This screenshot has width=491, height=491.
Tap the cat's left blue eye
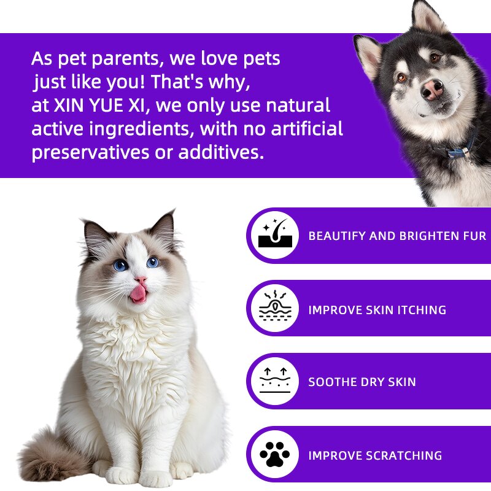pos(120,265)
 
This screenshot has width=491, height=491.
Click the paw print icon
pos(274,455)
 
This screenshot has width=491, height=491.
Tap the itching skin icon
pos(274,309)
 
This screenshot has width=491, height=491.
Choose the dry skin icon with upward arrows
pos(274,381)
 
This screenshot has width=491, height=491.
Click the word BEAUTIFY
pos(336,236)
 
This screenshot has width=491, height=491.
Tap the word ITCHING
pos(421,309)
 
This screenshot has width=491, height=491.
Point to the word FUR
pos(475,236)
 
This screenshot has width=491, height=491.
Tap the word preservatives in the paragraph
pos(96,153)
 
